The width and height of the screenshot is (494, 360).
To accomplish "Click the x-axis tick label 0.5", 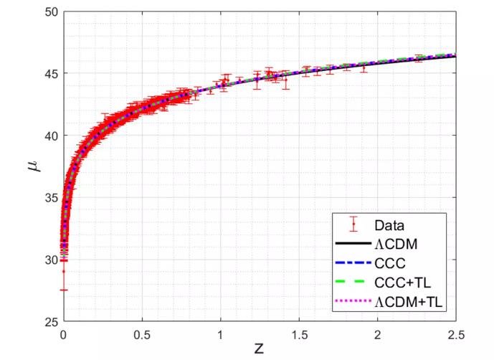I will (142, 334).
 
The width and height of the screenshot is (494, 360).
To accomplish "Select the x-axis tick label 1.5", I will (299, 334).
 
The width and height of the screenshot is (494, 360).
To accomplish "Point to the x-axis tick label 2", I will (378, 334).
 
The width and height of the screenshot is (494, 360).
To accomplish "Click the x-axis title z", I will (260, 350).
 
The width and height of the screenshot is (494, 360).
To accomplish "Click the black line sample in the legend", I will (353, 245).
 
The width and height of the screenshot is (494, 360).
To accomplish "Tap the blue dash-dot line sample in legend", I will (353, 264).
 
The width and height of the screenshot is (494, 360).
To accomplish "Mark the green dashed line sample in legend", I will (353, 283).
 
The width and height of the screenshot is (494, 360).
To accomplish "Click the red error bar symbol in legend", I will (353, 224).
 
